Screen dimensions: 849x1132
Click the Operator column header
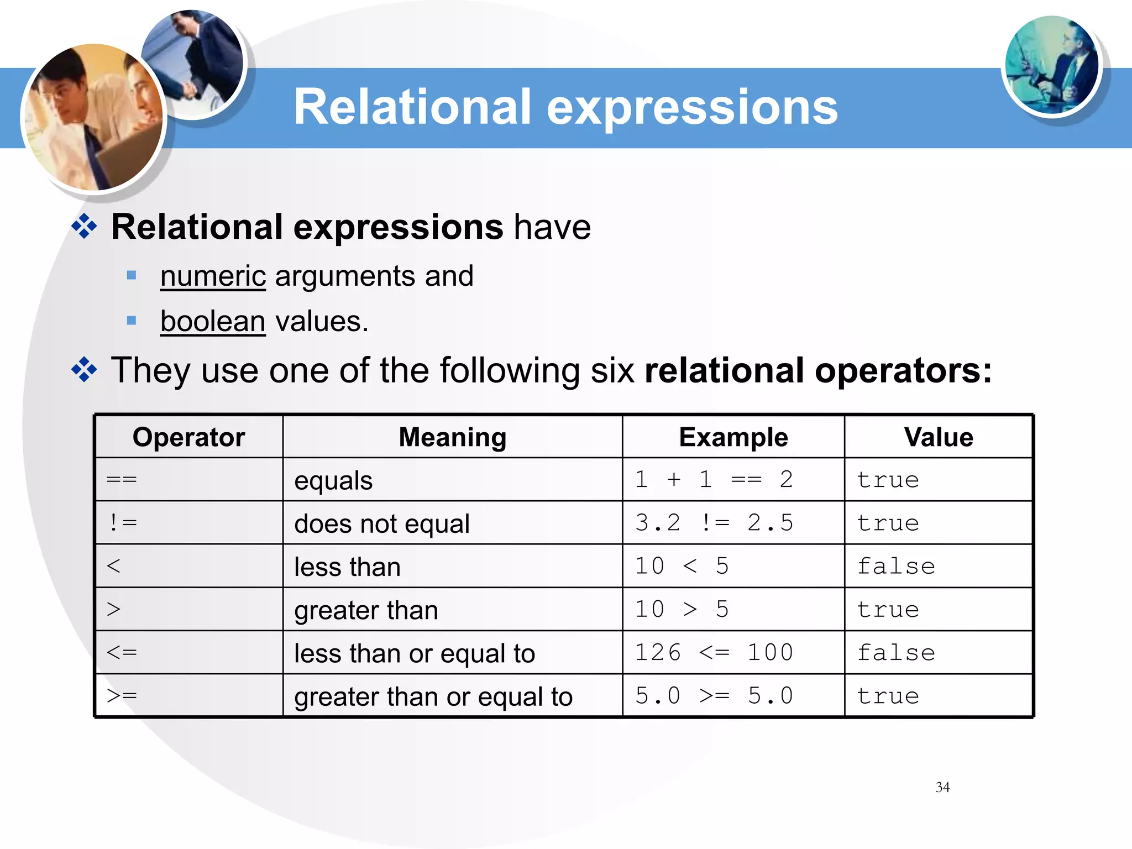coord(188,437)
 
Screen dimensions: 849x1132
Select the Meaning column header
coord(452,437)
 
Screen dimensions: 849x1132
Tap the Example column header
coord(733,437)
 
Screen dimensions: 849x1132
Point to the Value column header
coord(938,437)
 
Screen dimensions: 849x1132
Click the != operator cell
coord(123,522)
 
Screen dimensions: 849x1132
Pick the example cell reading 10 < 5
coord(682,566)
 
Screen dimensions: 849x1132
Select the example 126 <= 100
coord(714,652)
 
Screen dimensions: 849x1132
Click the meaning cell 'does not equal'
coord(382,523)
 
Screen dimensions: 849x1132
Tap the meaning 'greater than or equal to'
coord(433,696)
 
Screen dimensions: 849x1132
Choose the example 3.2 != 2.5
coord(714,522)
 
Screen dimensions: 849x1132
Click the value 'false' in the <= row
coord(896,652)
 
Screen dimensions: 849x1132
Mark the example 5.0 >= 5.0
coord(714,695)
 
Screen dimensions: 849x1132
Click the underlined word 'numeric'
coord(213,276)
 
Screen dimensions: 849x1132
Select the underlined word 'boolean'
coord(213,321)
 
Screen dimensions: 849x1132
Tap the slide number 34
coord(942,787)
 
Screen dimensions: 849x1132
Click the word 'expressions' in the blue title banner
coord(692,107)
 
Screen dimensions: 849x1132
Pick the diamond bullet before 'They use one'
coord(84,369)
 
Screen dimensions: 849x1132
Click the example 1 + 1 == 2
coord(714,479)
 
